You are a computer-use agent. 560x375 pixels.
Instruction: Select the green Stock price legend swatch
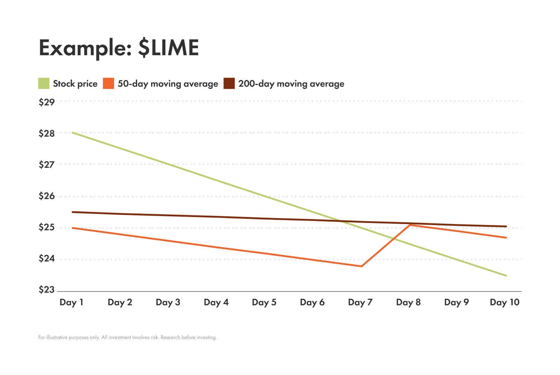(44, 84)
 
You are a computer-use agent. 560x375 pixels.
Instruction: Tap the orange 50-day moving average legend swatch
(108, 84)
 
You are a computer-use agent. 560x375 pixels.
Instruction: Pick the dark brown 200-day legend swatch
(229, 84)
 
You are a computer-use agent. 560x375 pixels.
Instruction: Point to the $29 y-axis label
(47, 102)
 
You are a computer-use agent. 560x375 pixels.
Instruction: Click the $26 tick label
(47, 196)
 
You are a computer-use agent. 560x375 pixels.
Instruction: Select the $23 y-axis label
(47, 290)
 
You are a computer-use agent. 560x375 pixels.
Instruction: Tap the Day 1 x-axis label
(71, 302)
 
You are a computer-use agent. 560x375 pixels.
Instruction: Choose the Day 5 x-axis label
(264, 302)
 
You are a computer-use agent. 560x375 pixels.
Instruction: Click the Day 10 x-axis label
(505, 302)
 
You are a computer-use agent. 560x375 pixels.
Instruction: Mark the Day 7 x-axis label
(360, 302)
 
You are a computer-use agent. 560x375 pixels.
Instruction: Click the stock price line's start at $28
(72, 133)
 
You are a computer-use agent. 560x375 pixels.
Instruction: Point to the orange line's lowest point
(361, 266)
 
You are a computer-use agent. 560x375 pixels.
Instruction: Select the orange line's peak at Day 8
(409, 225)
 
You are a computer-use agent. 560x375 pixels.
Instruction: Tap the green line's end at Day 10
(506, 275)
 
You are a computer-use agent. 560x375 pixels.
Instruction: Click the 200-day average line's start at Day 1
(72, 212)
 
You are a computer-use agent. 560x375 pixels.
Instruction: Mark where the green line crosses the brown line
(340, 221)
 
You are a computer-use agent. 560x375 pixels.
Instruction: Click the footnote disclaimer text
(127, 338)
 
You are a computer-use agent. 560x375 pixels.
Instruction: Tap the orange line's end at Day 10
(506, 238)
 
